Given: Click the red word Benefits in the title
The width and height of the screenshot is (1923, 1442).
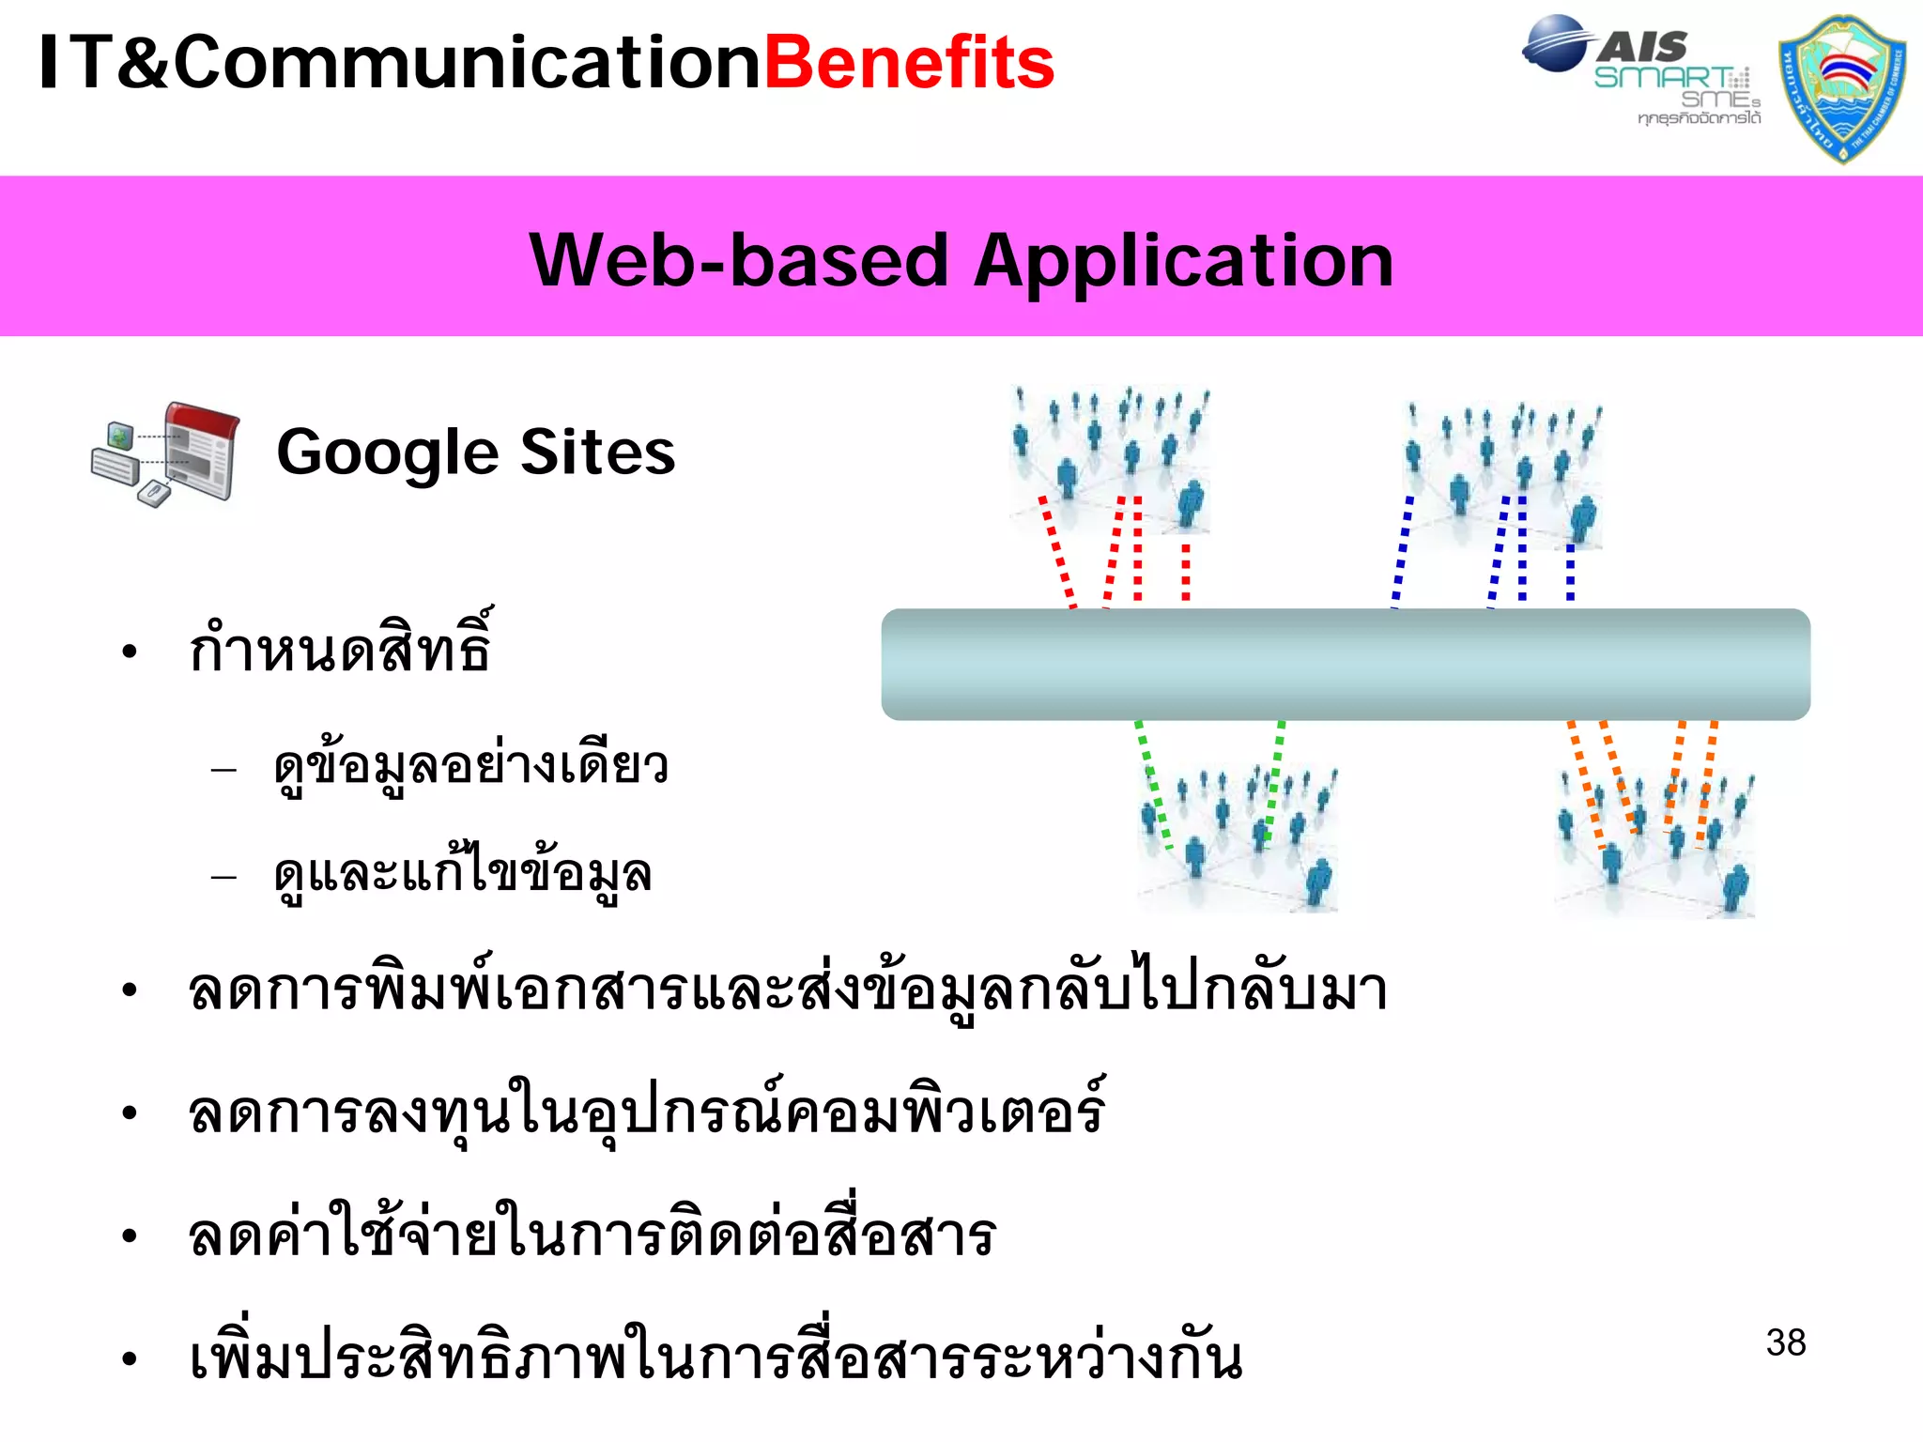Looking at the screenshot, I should tap(909, 63).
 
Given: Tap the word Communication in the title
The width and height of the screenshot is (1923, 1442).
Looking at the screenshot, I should tap(467, 63).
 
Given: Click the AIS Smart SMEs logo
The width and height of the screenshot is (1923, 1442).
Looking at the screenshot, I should tap(1641, 70).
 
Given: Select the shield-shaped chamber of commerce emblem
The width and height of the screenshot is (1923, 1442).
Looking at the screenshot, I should tap(1842, 88).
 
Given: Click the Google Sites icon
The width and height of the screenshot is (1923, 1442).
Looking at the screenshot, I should tap(166, 454).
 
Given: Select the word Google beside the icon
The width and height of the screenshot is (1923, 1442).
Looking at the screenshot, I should tap(387, 453).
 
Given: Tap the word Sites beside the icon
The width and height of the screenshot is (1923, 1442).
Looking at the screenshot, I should tap(597, 452).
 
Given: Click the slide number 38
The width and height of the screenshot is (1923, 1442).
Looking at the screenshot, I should tap(1785, 1342).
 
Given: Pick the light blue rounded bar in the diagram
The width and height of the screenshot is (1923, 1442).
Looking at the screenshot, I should tap(1345, 665).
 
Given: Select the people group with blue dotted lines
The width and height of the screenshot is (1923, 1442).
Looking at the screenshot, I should tap(1502, 474).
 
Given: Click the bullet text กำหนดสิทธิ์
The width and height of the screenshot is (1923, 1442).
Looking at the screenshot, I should tap(340, 648).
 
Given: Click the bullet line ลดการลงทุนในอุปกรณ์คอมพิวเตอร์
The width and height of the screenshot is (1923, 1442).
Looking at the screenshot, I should tap(646, 1113).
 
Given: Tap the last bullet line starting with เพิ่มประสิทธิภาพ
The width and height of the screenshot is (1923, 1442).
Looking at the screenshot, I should tap(715, 1358).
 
